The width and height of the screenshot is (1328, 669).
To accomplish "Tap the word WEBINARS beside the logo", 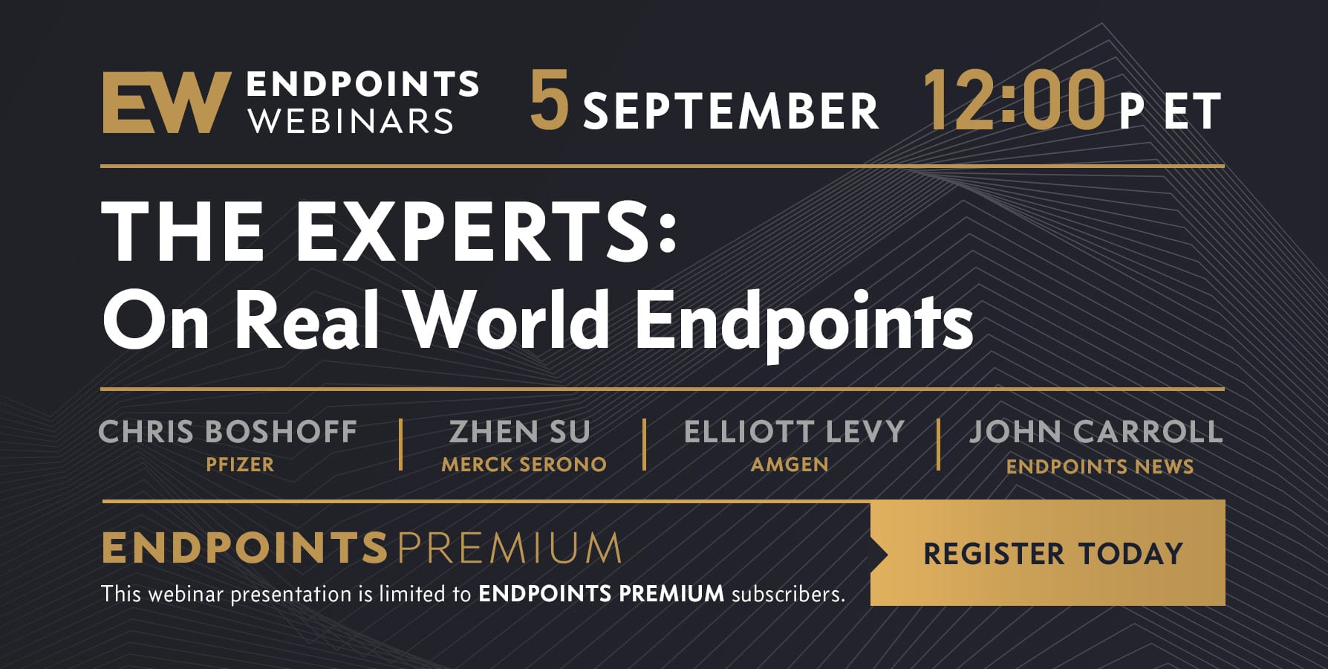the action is [351, 121].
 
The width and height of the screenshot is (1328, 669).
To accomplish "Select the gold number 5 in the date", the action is [549, 100].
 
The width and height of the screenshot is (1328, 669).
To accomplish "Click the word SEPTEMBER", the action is [731, 111].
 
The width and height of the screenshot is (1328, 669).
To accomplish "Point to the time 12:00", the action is [1015, 100].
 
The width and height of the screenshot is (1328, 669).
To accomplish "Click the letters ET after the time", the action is [1192, 111].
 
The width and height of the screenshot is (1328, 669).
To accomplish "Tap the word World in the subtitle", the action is [507, 320].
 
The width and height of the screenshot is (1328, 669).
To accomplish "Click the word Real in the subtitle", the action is [307, 320].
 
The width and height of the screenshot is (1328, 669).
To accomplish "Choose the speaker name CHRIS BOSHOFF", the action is [228, 432].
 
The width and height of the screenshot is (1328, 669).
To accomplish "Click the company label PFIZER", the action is [240, 465].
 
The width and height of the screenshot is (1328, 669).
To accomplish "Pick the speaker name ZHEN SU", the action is [520, 432].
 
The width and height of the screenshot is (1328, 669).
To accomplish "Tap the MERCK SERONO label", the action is [524, 465].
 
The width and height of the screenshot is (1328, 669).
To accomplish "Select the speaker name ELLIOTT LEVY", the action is [794, 432].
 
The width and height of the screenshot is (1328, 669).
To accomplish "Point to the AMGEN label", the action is [790, 465].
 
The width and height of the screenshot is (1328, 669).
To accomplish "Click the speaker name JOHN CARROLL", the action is [1096, 432].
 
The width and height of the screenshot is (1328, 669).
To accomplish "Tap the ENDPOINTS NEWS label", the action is [1100, 467].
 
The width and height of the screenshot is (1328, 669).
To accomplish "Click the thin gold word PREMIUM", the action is [509, 549].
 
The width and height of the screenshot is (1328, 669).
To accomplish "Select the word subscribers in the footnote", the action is [789, 594].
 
